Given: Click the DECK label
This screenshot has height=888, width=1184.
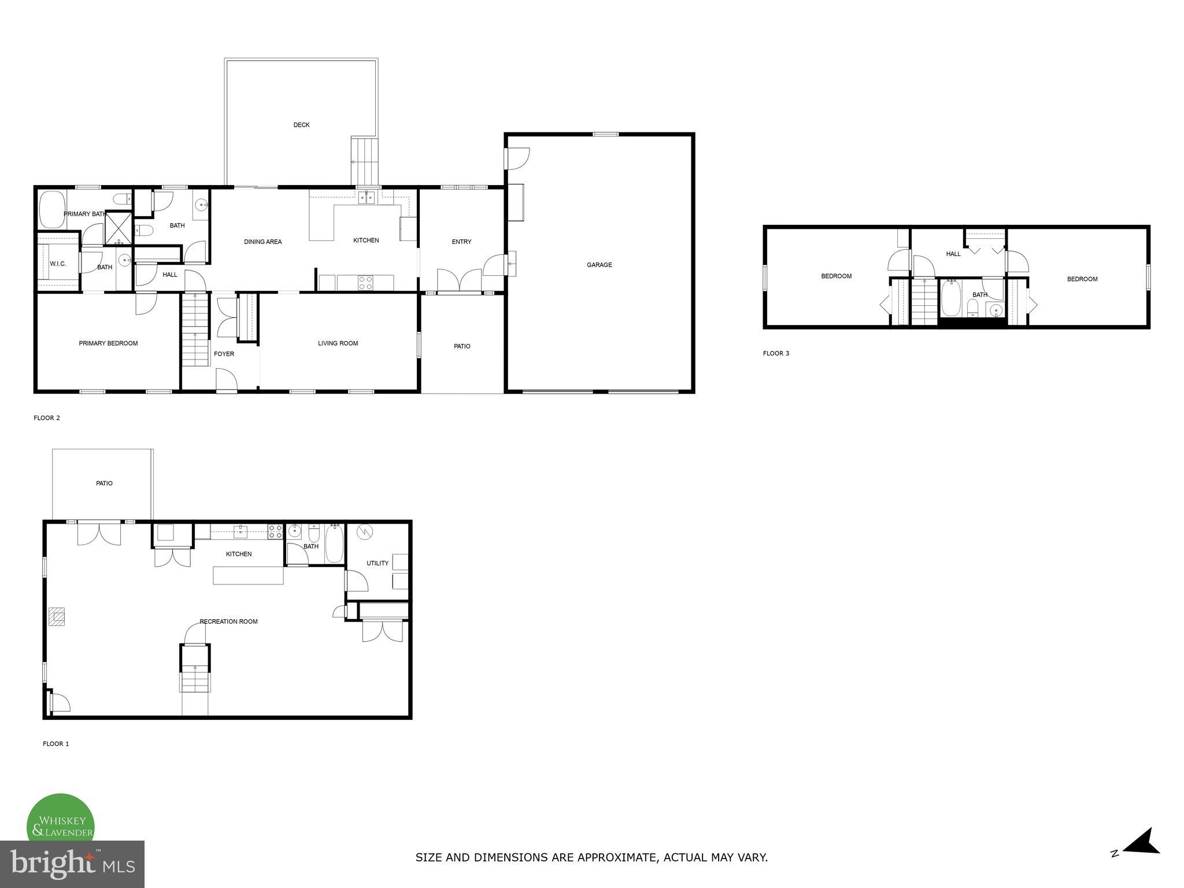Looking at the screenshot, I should pyautogui.click(x=301, y=125).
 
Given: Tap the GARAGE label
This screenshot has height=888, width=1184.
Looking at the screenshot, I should pyautogui.click(x=599, y=265).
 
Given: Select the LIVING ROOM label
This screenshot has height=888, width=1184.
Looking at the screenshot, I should pyautogui.click(x=338, y=343).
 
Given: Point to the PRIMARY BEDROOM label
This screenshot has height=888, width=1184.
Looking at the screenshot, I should pyautogui.click(x=108, y=343).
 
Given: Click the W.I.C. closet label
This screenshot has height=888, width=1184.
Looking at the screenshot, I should pyautogui.click(x=58, y=264).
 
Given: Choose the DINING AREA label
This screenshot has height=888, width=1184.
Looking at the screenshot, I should pyautogui.click(x=262, y=242).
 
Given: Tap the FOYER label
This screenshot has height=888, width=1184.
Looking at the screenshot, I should pyautogui.click(x=224, y=354).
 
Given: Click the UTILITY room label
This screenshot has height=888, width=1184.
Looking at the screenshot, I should pyautogui.click(x=377, y=563).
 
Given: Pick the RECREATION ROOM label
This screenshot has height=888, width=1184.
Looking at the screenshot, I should pyautogui.click(x=228, y=621).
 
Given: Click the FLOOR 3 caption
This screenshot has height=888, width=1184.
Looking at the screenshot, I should pyautogui.click(x=776, y=353).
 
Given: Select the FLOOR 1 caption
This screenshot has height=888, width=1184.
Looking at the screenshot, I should pyautogui.click(x=55, y=744).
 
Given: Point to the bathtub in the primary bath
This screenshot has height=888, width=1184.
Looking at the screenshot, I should pyautogui.click(x=51, y=209).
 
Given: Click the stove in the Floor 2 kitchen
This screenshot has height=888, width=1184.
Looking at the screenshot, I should pyautogui.click(x=365, y=283).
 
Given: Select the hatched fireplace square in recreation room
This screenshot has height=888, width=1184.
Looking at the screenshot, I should pyautogui.click(x=57, y=616).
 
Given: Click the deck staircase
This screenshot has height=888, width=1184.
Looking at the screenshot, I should pyautogui.click(x=364, y=161).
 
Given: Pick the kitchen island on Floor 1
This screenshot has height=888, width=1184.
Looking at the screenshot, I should pyautogui.click(x=248, y=575).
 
